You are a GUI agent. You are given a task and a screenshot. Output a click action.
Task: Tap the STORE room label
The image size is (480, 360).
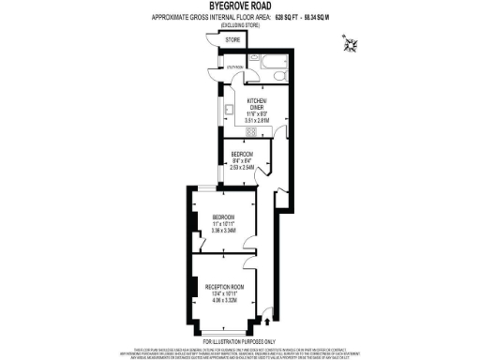coord(232,41)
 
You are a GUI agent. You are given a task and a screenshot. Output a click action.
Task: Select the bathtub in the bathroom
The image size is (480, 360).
coord(273,69)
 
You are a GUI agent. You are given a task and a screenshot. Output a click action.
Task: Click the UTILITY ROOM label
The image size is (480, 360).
coord(233,67)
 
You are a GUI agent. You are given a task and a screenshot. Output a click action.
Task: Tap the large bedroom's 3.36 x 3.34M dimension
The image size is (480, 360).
coord(222,230)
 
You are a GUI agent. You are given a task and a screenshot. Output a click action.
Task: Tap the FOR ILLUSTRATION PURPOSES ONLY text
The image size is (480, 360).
coord(239,340)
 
